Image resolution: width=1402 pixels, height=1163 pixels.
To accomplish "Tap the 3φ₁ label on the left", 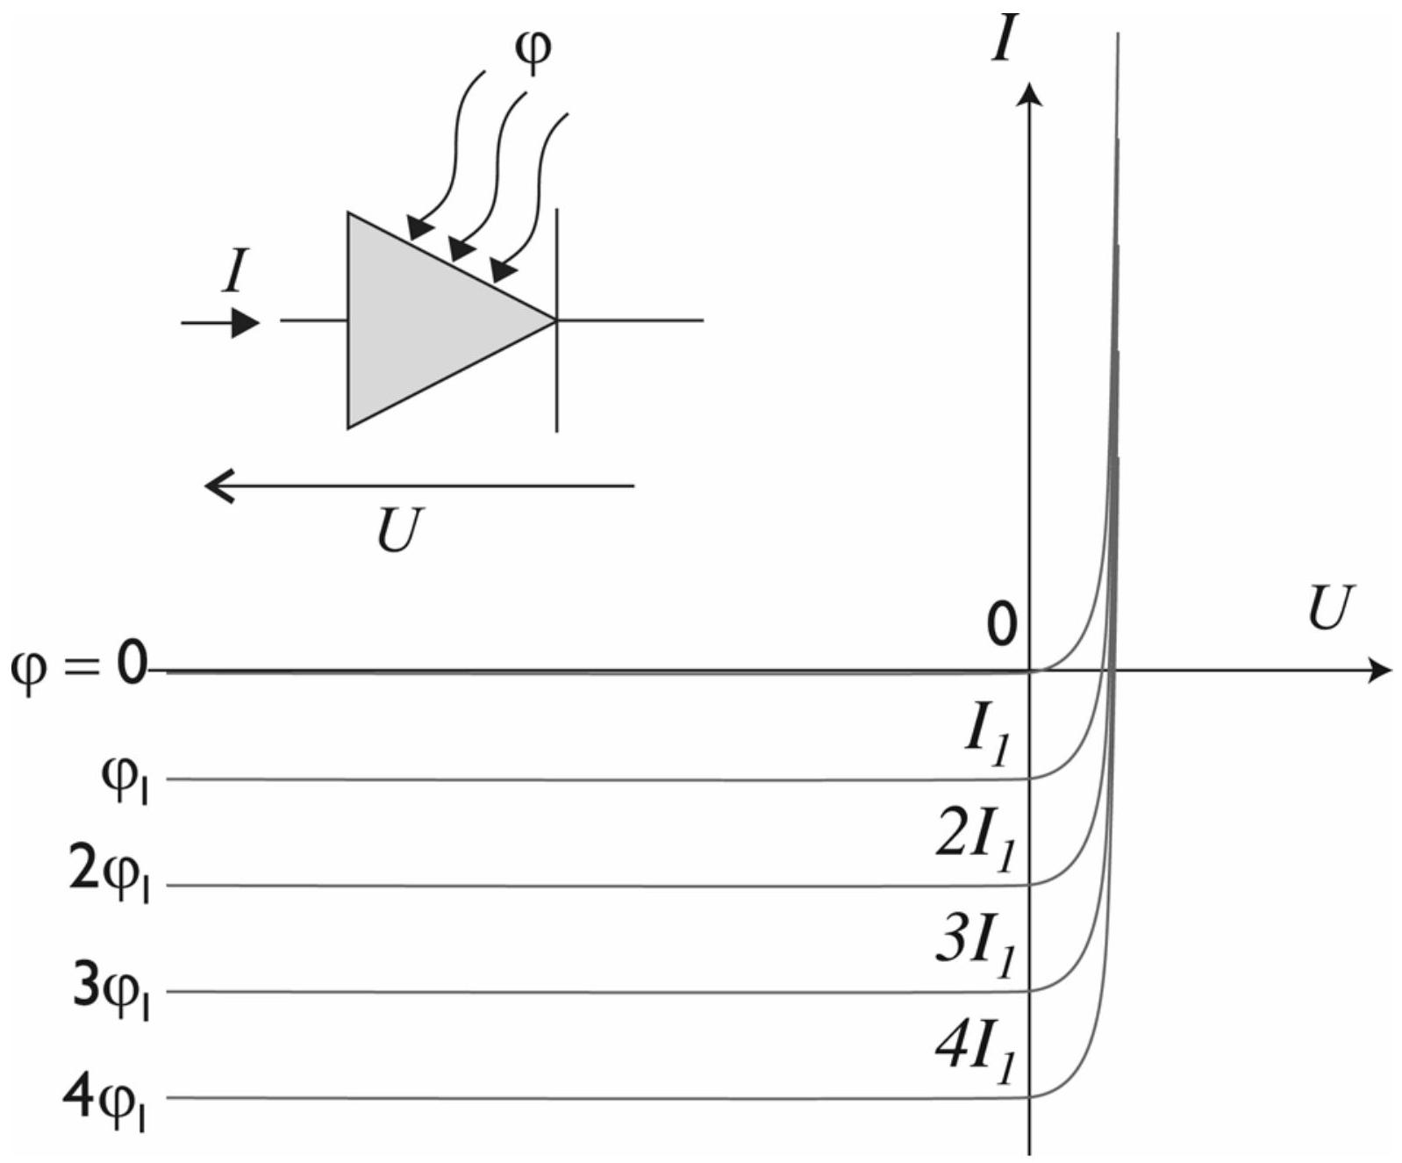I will click(x=111, y=992).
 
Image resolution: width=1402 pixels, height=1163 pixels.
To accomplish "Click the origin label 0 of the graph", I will click(x=1001, y=625).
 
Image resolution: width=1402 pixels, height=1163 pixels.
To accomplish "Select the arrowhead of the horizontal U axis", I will click(x=1381, y=671).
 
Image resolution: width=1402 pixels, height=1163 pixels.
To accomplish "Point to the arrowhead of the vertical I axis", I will click(x=1031, y=92).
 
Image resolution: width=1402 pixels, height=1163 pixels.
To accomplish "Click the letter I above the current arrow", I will click(x=235, y=271).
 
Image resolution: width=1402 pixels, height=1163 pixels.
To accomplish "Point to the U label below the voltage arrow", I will click(x=400, y=529).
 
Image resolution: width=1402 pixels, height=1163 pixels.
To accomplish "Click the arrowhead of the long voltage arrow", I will click(x=218, y=485).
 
